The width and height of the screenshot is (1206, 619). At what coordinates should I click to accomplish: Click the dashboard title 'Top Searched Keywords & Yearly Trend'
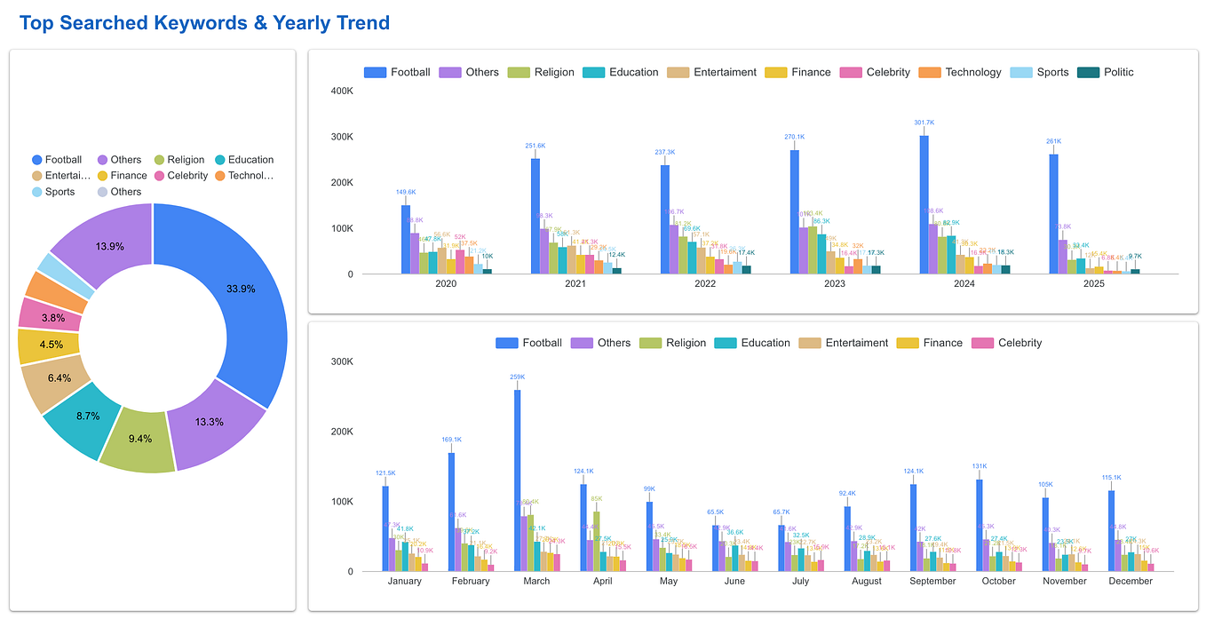204,23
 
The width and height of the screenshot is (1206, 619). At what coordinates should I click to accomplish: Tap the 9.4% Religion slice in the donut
139,439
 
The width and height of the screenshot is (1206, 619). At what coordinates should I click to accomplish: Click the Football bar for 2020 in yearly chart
406,240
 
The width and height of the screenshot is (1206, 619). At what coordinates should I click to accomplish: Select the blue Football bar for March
518,480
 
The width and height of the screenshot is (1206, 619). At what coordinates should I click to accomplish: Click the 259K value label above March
518,377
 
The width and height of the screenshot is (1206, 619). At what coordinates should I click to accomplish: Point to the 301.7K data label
924,123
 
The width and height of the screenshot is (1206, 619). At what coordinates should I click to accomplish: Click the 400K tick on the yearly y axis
342,91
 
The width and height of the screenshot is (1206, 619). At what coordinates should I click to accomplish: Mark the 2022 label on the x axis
705,284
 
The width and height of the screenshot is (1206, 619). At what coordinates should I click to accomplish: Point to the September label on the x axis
932,581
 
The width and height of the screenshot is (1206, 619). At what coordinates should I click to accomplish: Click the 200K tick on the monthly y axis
342,432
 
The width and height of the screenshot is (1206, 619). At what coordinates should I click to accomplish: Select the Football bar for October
980,525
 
